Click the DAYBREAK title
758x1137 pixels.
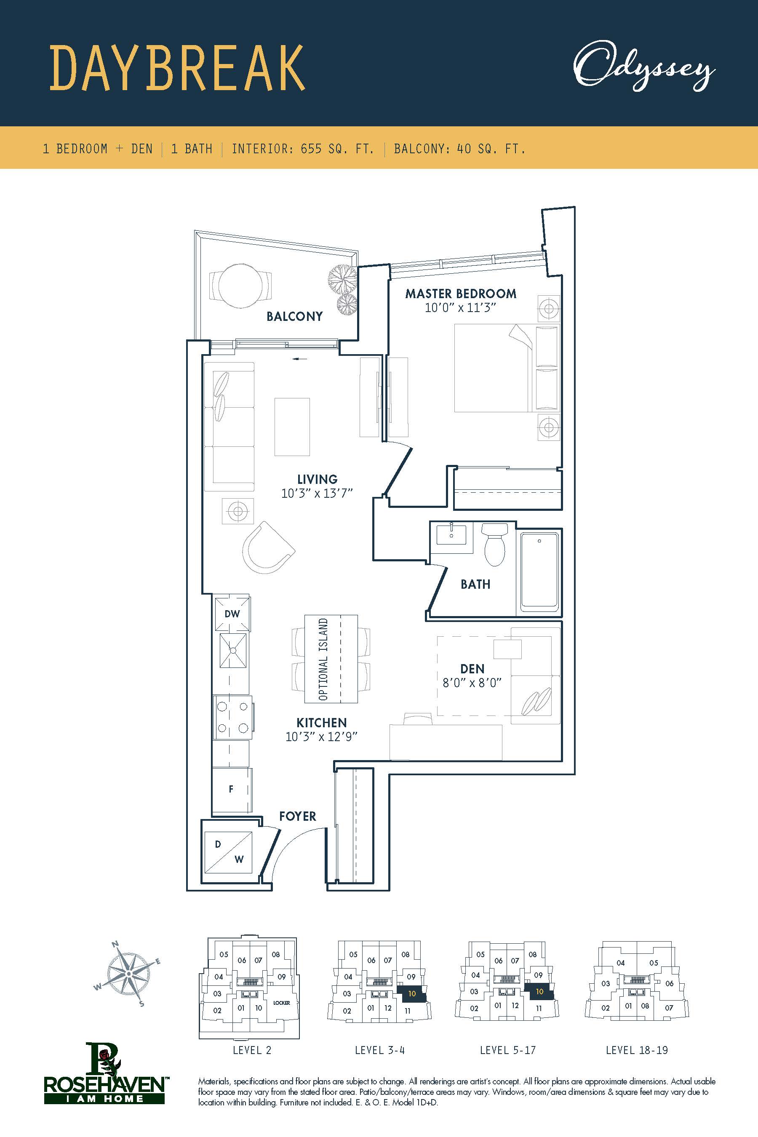coord(178,68)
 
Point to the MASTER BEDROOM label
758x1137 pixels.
coord(460,294)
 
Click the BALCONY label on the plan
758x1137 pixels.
coord(294,316)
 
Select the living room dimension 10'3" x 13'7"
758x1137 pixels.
coord(317,494)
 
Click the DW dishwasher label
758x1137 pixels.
coord(232,614)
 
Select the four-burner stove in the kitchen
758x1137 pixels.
coord(232,718)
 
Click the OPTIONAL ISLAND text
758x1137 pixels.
coord(323,659)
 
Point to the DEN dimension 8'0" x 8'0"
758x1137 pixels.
coord(472,683)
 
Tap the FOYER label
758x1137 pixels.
coord(298,816)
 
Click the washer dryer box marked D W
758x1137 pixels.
coord(228,852)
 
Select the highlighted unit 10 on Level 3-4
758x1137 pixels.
coord(412,994)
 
